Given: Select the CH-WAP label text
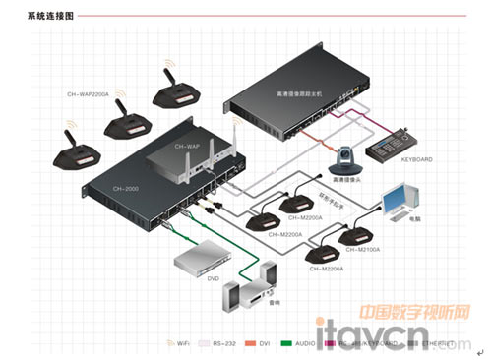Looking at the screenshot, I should point(186,146).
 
